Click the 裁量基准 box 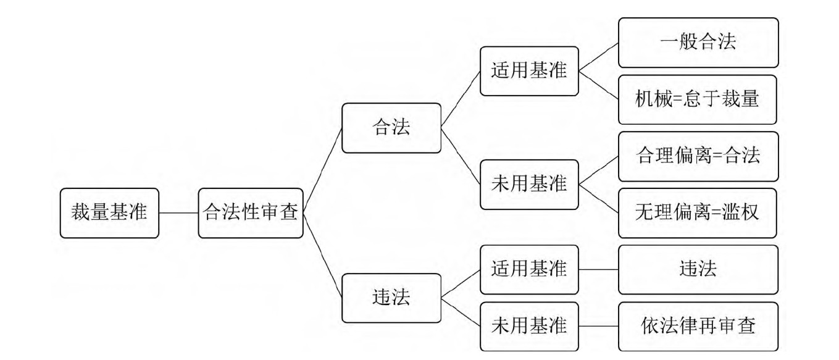(x=109, y=213)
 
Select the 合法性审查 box (x=251, y=213)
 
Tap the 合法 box (x=391, y=128)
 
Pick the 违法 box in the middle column (x=391, y=298)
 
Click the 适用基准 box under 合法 (x=529, y=71)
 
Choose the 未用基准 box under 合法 (x=529, y=185)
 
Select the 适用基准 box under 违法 (x=529, y=270)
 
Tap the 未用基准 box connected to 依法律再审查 (x=529, y=327)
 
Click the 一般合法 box (x=698, y=43)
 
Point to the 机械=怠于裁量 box (x=698, y=99)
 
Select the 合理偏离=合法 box (x=698, y=156)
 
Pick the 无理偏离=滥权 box (x=698, y=213)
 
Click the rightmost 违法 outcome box (x=698, y=270)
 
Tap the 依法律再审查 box (x=698, y=327)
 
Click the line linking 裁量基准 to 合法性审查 (x=178, y=213)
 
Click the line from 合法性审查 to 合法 (x=323, y=170)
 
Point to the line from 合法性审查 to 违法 (x=323, y=256)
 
